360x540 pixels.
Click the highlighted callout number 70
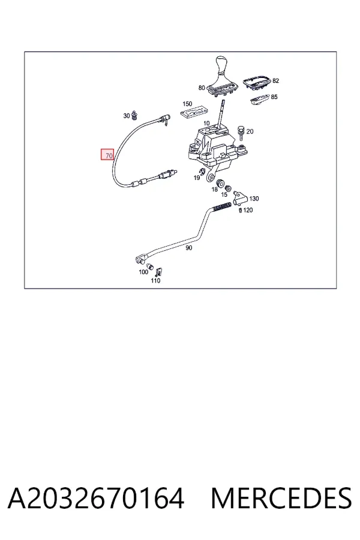click(x=107, y=155)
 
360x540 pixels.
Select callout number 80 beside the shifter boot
click(x=202, y=88)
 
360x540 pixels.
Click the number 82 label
click(x=275, y=81)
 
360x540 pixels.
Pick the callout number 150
click(x=187, y=104)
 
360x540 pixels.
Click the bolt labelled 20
click(x=241, y=133)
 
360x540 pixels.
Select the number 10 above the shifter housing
click(x=206, y=123)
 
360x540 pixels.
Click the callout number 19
click(x=197, y=178)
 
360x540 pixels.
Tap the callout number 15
click(x=224, y=194)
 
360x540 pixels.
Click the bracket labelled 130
click(x=240, y=197)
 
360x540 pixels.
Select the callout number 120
click(x=248, y=210)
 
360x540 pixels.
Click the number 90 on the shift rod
click(x=189, y=248)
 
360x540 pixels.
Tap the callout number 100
click(x=143, y=272)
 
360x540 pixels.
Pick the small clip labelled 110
click(x=159, y=272)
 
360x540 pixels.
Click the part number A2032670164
click(x=96, y=499)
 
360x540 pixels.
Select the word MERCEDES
click(x=281, y=499)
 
